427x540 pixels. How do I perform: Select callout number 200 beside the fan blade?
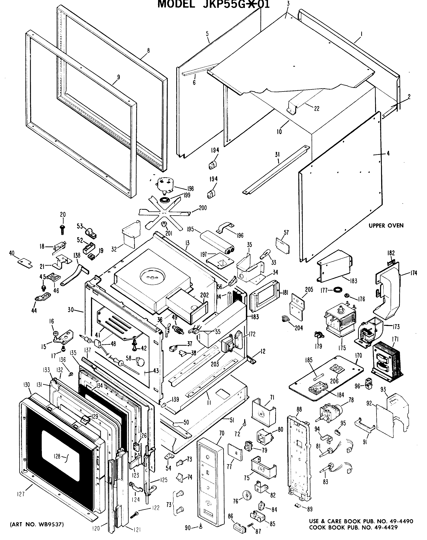pos(203,208)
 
